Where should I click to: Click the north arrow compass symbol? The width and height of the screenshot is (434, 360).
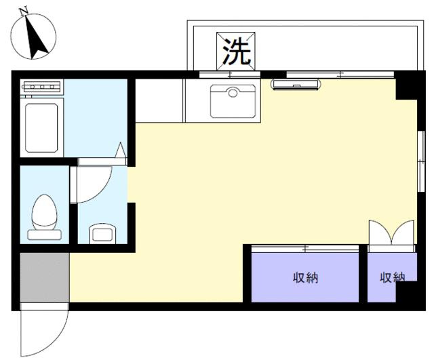33,36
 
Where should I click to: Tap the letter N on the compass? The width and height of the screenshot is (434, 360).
24,12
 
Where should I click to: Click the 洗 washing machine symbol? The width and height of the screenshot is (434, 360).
235,52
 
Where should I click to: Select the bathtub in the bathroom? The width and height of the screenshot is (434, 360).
41,128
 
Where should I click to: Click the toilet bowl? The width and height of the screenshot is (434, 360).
44,212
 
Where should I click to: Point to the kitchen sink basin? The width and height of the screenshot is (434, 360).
233,101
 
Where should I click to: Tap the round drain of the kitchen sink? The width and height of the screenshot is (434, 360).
233,93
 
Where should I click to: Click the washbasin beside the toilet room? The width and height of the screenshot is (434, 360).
102,234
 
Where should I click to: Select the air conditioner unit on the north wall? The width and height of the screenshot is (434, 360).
296,84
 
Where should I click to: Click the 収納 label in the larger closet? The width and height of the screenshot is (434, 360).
305,277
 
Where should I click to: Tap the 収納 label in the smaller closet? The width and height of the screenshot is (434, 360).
392,277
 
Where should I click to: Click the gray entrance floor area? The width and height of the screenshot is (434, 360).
44,277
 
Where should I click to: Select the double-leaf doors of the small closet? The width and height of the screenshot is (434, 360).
391,233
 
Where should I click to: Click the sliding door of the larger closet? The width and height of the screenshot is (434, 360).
305,249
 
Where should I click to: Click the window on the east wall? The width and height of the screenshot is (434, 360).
420,161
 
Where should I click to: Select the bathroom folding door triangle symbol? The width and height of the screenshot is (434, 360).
121,150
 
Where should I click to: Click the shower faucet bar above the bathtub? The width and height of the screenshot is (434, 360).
42,87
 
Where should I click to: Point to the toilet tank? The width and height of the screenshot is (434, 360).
44,235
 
